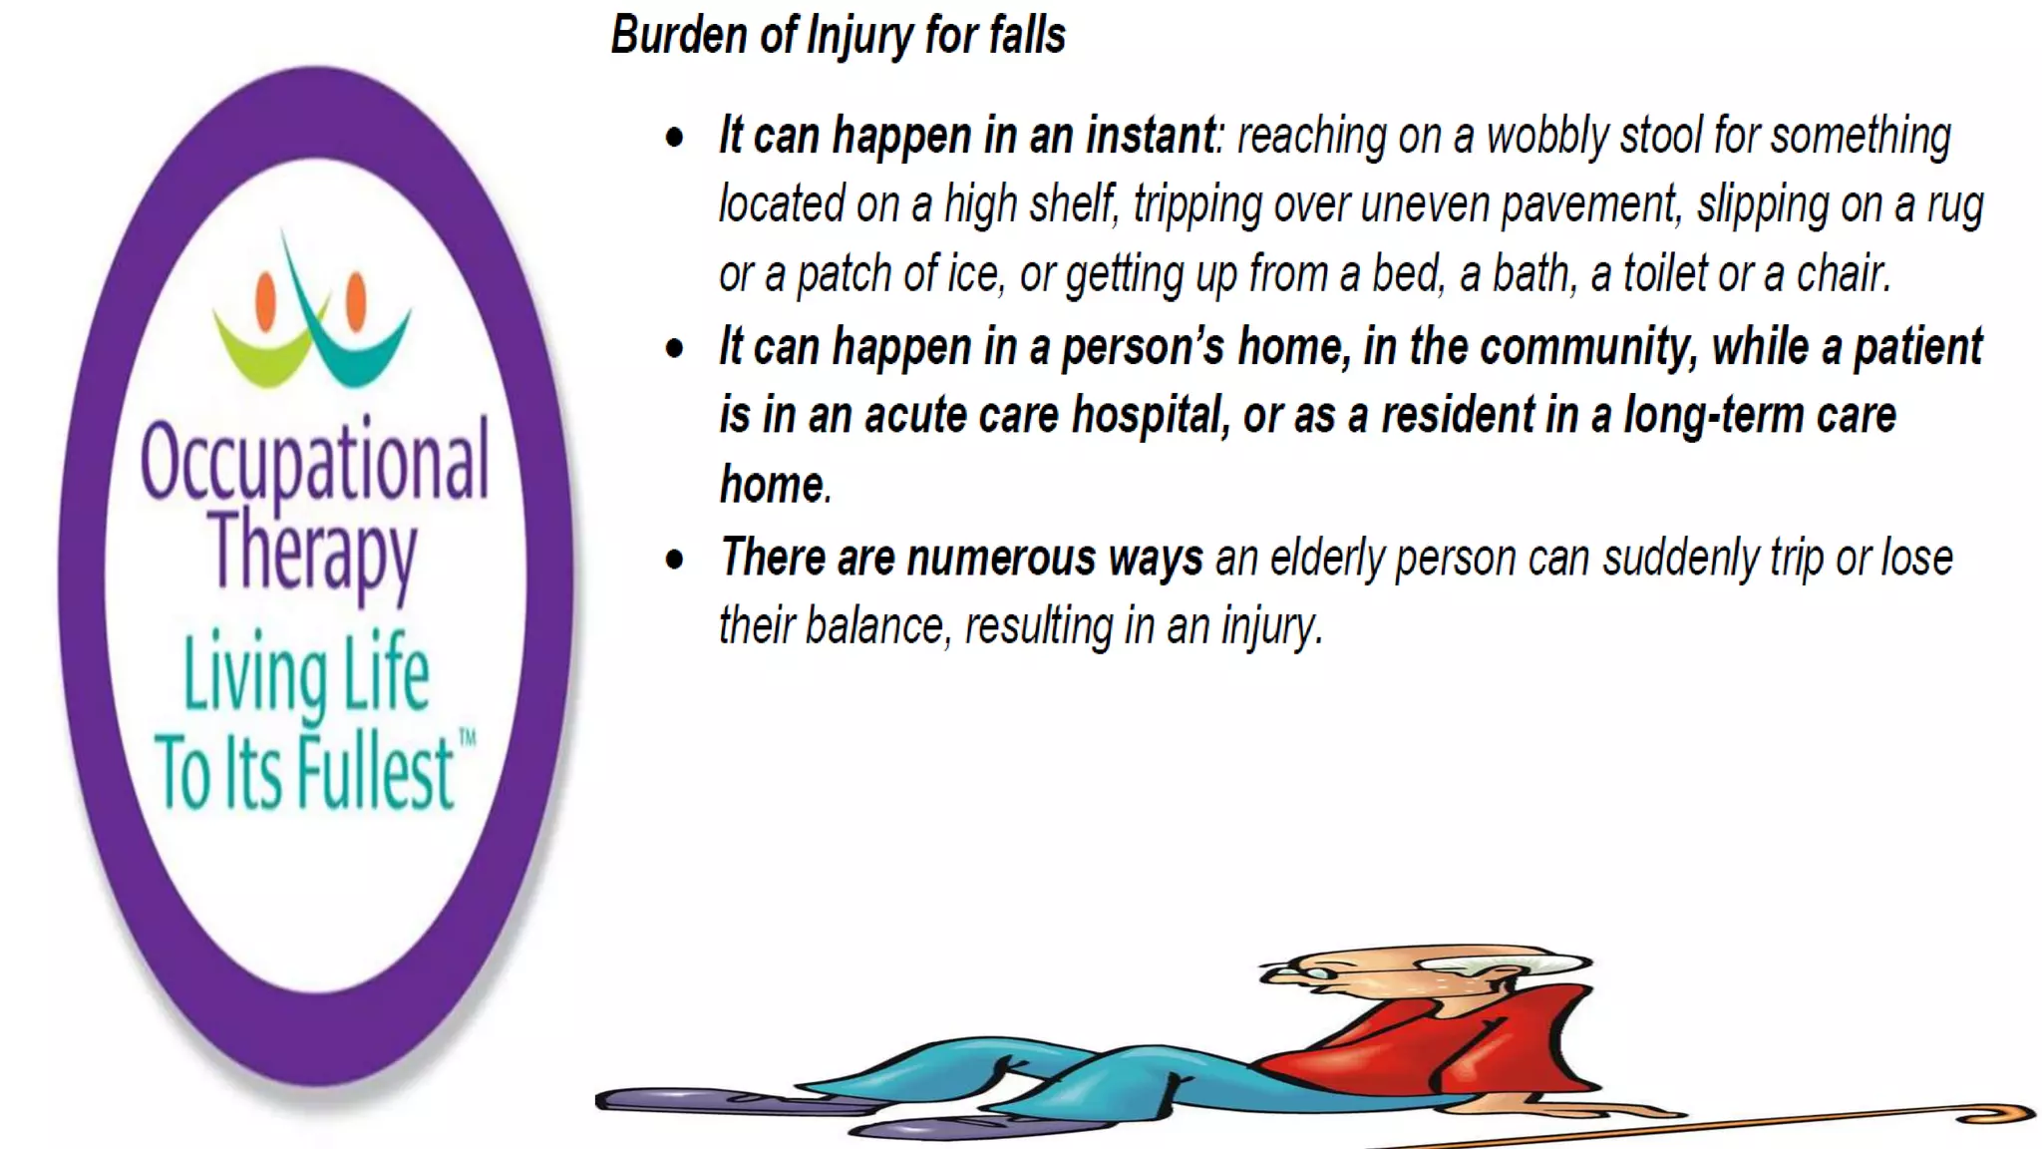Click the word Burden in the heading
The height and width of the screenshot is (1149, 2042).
678,36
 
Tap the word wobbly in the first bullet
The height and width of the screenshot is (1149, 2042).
1546,137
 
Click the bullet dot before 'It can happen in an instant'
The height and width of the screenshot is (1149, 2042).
675,138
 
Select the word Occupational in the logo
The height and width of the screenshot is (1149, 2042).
315,461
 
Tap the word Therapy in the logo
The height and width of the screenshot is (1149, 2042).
313,551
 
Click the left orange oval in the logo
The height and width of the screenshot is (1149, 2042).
265,300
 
